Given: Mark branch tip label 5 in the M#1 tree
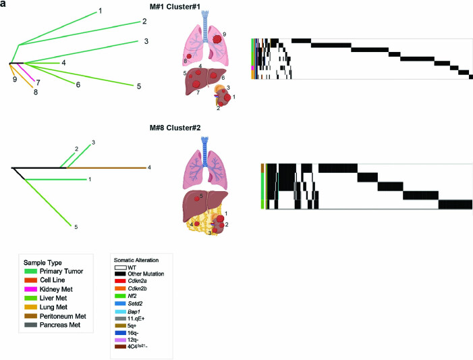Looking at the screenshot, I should pos(138,86).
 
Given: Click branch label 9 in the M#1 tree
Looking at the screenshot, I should pos(14,78).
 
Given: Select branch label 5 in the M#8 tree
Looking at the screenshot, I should pos(76,227).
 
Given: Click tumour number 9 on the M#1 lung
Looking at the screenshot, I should pos(225,34).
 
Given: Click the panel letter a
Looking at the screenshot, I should pos(4,5).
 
